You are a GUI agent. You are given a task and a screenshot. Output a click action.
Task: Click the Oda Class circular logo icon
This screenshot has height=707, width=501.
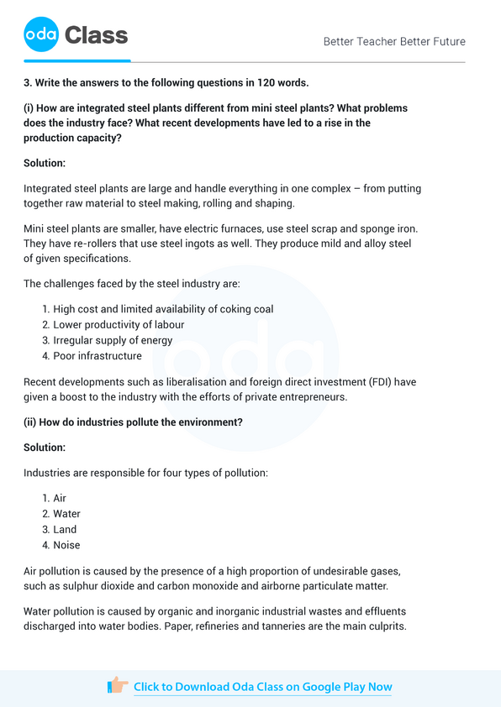pyautogui.click(x=41, y=34)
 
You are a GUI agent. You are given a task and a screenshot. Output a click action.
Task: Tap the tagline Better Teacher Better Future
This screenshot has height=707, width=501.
pyautogui.click(x=394, y=41)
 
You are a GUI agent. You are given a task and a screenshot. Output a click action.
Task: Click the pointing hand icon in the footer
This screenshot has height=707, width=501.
pyautogui.click(x=118, y=686)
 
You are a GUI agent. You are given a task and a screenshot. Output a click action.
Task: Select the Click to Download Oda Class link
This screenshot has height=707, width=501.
pyautogui.click(x=262, y=687)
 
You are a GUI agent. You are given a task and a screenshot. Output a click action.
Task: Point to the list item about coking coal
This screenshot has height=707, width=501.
pyautogui.click(x=163, y=309)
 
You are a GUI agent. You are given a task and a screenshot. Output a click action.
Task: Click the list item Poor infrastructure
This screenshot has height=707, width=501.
pyautogui.click(x=98, y=356)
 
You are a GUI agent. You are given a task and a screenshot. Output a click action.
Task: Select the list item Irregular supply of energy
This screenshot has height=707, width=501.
pyautogui.click(x=113, y=340)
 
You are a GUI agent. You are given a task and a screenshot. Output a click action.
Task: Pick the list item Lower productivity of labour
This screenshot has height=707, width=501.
pyautogui.click(x=119, y=324)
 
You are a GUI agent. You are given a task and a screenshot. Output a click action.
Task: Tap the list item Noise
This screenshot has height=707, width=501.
pyautogui.click(x=66, y=545)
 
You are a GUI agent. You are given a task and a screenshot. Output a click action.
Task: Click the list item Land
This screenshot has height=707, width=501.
pyautogui.click(x=65, y=529)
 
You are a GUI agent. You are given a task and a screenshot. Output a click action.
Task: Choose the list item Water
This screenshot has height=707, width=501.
pyautogui.click(x=66, y=513)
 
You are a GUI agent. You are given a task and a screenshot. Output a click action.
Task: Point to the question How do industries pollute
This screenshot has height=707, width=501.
pyautogui.click(x=134, y=422)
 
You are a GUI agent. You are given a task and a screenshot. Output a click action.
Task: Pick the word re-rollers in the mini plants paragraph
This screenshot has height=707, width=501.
pyautogui.click(x=81, y=244)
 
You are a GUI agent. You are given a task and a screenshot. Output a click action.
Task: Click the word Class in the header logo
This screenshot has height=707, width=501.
pyautogui.click(x=96, y=35)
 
